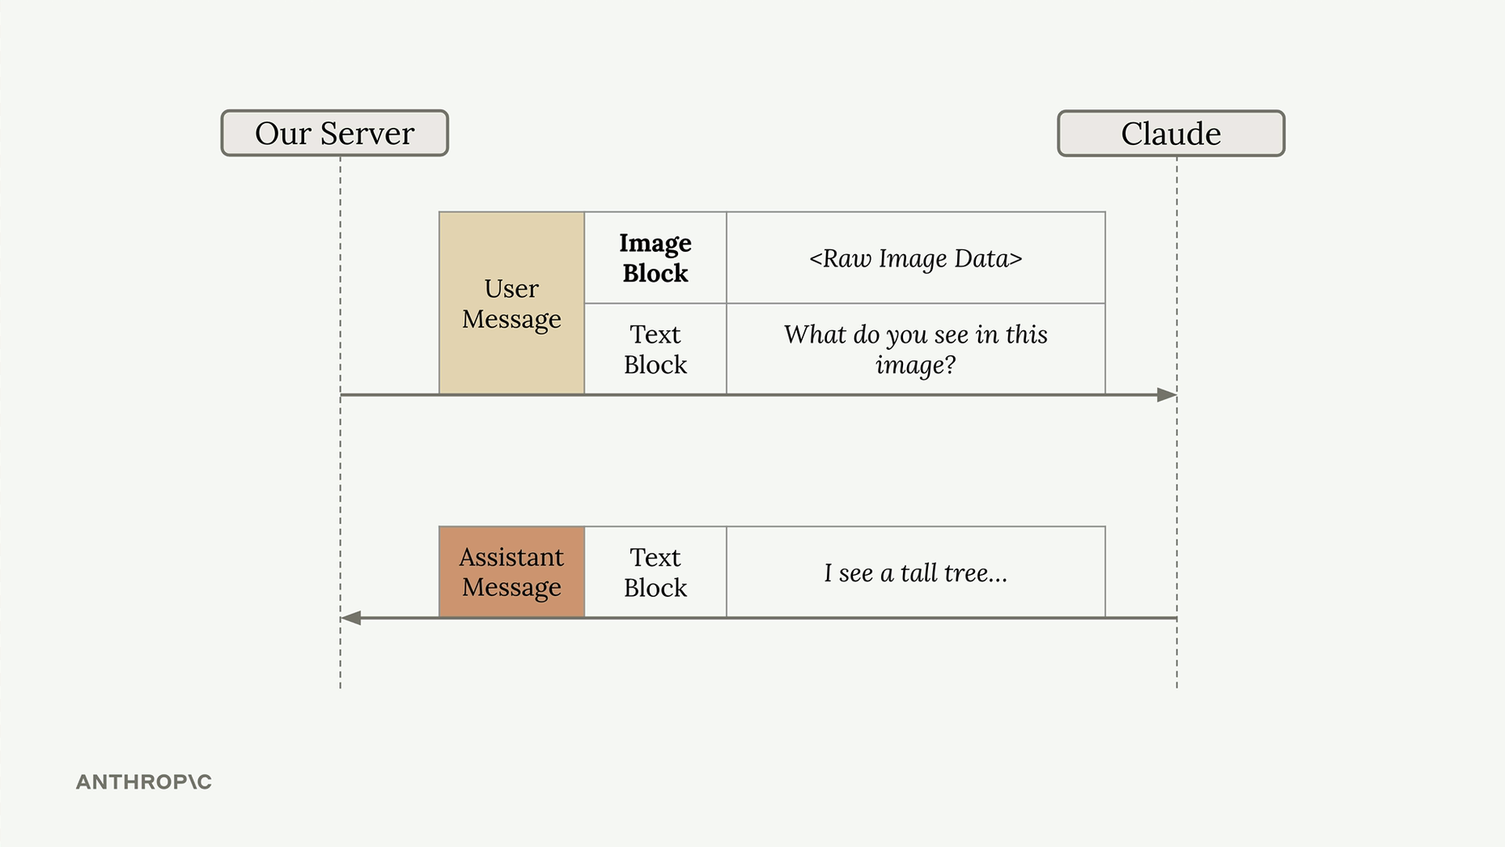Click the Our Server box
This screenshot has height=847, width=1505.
click(x=335, y=133)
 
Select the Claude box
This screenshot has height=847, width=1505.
click(x=1171, y=133)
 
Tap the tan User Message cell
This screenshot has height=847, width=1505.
click(x=512, y=303)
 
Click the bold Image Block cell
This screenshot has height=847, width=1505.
click(x=655, y=258)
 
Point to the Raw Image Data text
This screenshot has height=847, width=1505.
click(x=916, y=258)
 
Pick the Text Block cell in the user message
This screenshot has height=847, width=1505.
click(x=655, y=349)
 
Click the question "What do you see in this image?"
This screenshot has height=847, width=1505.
click(x=916, y=349)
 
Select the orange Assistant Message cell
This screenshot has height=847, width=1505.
click(x=512, y=572)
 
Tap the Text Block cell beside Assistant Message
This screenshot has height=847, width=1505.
click(x=655, y=572)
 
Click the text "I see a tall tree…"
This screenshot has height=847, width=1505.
click(x=916, y=573)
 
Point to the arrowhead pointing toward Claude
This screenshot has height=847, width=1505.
click(x=1167, y=394)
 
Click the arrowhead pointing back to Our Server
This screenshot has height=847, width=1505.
click(x=350, y=618)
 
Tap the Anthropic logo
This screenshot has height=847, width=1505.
click(x=143, y=782)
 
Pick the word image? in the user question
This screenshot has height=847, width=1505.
click(x=916, y=365)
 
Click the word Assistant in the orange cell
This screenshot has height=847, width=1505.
click(x=512, y=557)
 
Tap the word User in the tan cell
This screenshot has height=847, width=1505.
click(x=512, y=289)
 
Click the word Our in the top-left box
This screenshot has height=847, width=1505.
click(x=283, y=133)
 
